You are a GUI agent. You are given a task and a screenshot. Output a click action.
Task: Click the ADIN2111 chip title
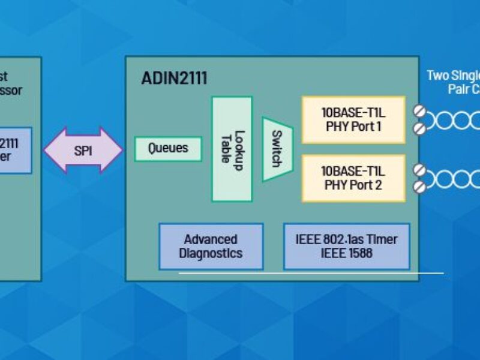point(175,78)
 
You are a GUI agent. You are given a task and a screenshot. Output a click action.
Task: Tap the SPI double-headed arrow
point(83,150)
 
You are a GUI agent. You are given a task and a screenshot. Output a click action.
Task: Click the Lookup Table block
point(232,149)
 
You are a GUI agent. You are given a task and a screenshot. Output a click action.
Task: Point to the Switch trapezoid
point(277,148)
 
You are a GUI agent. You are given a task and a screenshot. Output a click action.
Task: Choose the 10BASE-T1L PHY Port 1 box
point(353,119)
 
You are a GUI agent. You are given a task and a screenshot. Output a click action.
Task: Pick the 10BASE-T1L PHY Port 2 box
point(353,178)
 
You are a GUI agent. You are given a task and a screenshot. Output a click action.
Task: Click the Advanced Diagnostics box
point(211,246)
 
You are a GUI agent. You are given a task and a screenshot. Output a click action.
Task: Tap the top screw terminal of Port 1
point(419,111)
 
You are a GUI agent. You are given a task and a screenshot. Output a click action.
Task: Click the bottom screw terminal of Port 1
point(419,128)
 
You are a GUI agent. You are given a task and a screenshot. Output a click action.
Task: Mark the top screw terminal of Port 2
point(419,170)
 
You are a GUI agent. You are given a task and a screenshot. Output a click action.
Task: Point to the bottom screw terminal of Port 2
point(419,187)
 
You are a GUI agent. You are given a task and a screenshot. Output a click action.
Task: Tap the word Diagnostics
point(211,253)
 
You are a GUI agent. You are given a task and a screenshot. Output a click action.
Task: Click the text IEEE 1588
point(346,253)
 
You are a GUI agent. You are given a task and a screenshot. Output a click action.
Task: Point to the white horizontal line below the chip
point(311,274)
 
